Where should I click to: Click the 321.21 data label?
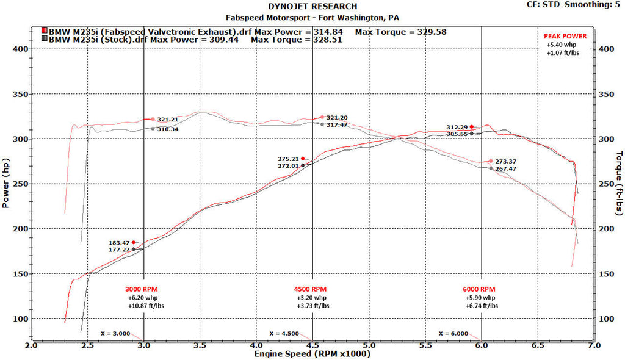[167, 120]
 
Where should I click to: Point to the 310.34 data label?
[167, 129]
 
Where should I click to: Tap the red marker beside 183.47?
[134, 242]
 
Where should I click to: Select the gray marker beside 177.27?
[134, 249]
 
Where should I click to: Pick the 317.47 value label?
[337, 125]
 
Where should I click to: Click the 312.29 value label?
[456, 127]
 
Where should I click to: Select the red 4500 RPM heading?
[311, 289]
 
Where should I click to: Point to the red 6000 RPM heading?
[479, 289]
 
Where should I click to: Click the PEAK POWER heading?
[565, 36]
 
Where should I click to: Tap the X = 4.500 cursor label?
[284, 333]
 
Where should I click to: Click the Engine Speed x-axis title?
[311, 353]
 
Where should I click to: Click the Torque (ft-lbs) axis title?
[619, 183]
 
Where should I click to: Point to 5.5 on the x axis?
[425, 345]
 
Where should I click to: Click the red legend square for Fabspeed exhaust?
[44, 31]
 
